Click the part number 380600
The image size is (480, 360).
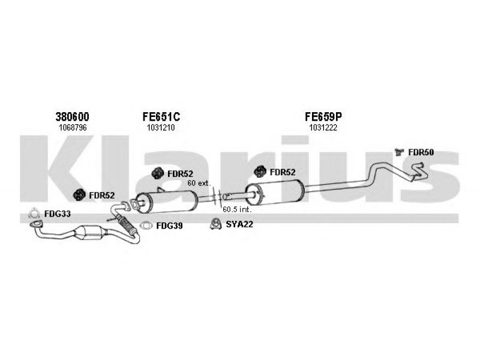click(x=72, y=116)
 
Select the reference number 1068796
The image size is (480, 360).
click(x=73, y=128)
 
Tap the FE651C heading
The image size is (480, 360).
click(x=161, y=116)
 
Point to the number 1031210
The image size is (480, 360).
click(x=161, y=128)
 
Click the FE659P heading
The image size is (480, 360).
click(x=323, y=116)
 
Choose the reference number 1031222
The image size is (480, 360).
click(x=323, y=128)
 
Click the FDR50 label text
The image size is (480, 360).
click(x=421, y=152)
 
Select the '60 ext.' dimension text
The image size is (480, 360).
click(x=199, y=184)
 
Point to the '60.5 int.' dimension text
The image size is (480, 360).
click(x=237, y=209)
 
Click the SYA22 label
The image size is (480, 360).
click(x=239, y=224)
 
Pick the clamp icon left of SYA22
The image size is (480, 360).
click(x=216, y=224)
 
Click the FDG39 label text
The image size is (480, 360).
click(x=169, y=226)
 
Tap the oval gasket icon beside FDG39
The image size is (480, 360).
click(x=146, y=226)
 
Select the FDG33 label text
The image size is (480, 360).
click(x=58, y=214)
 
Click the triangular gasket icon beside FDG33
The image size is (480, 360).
click(x=34, y=214)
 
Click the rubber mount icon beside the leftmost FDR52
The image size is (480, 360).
click(x=79, y=195)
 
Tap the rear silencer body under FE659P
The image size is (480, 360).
click(x=275, y=193)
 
